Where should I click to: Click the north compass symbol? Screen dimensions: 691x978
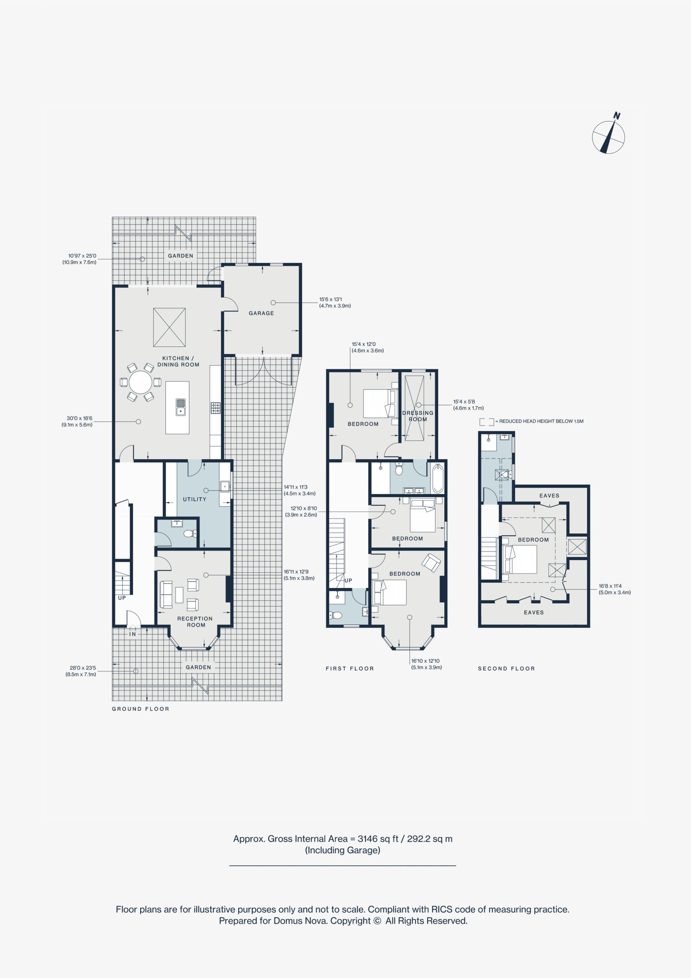[x=609, y=136]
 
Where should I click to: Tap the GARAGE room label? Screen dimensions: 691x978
[x=261, y=313]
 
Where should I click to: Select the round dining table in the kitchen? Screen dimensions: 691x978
[x=140, y=382]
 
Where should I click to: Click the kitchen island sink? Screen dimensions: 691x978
[x=181, y=407]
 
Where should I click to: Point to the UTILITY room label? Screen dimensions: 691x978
[x=194, y=499]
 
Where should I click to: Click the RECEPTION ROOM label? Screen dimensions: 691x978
[x=195, y=622]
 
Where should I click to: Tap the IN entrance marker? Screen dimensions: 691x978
[x=133, y=634]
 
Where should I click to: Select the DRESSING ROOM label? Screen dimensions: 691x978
[x=418, y=416]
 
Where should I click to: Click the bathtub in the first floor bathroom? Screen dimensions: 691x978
[x=437, y=478]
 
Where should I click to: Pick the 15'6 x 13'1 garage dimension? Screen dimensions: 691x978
[x=335, y=303]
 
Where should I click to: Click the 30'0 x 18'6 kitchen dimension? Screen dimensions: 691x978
[x=77, y=421]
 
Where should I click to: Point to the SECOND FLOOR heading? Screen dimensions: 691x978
[x=506, y=668]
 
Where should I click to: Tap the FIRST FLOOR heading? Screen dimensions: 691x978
[x=350, y=668]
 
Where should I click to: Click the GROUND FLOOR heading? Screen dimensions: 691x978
[x=141, y=709]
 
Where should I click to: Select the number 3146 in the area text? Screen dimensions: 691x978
[x=367, y=839]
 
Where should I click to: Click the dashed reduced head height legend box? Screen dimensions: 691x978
[x=487, y=422]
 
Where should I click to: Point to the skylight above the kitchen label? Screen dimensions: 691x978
[x=169, y=327]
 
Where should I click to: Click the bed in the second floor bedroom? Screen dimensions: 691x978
[x=520, y=559]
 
